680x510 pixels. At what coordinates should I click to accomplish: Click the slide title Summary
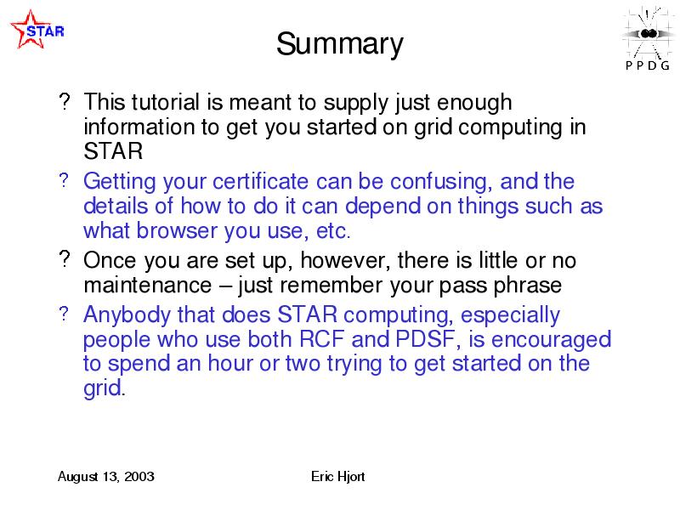point(339,44)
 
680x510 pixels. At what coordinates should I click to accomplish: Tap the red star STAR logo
point(37,30)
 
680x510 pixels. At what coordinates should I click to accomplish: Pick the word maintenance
point(147,286)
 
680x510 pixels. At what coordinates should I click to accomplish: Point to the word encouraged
point(551,341)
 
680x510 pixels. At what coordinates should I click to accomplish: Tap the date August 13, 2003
point(105,477)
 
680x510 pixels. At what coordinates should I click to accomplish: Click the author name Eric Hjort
point(337,477)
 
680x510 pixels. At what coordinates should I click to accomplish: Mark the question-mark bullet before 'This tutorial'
point(65,101)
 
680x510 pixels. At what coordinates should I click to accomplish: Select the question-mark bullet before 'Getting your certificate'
point(64,180)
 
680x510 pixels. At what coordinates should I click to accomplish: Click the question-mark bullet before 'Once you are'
point(65,259)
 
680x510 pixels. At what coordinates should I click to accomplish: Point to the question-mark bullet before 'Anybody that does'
point(64,313)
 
